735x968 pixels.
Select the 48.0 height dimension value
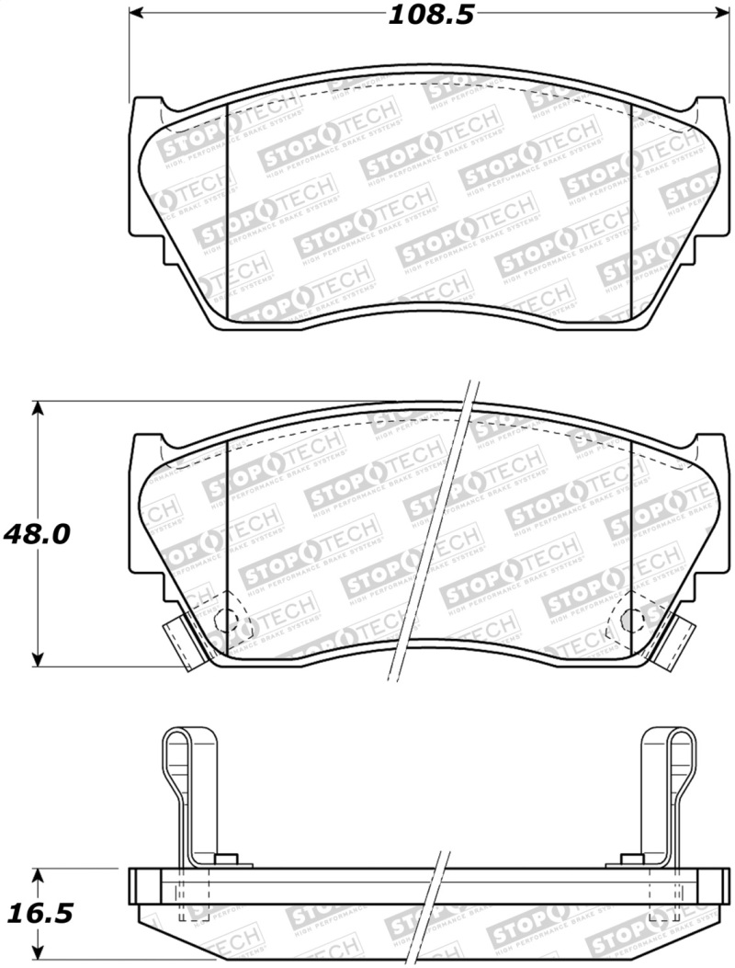(x=38, y=534)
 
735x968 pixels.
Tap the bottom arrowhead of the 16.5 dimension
(x=37, y=951)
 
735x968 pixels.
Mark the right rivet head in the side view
(x=632, y=860)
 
